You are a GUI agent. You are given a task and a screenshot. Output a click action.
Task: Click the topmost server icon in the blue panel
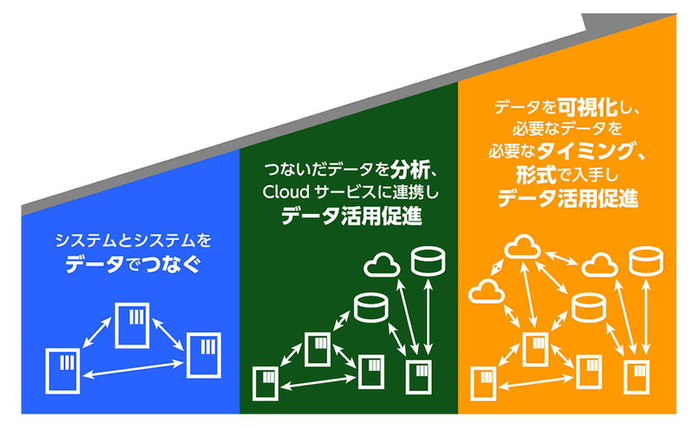coord(132,324)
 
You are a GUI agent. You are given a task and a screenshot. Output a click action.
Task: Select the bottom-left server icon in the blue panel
coord(63,370)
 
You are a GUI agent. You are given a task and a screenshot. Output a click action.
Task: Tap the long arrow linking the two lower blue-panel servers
coord(133,368)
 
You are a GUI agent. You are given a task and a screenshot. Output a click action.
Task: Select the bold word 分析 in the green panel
coord(410,172)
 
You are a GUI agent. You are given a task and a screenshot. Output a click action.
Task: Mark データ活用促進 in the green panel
coord(352,215)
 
